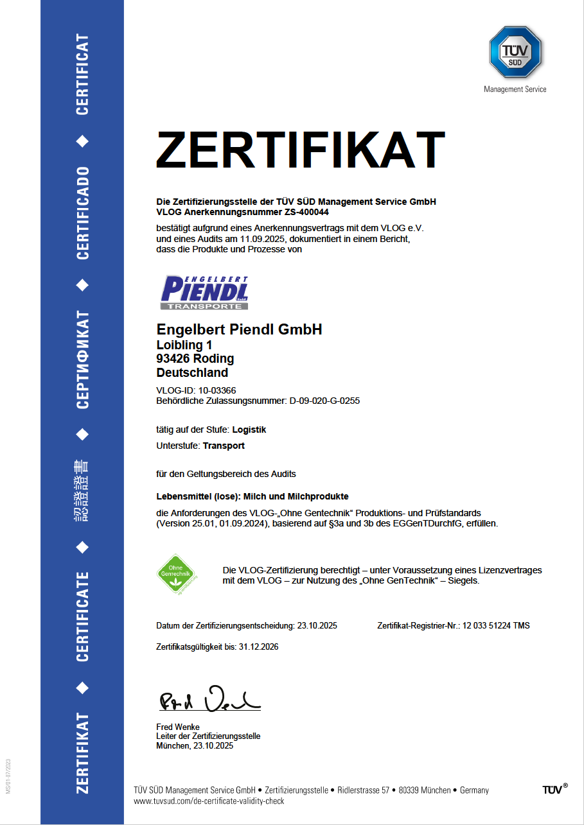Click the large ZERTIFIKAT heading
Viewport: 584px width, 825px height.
pos(300,150)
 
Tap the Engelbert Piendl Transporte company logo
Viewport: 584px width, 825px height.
pos(205,293)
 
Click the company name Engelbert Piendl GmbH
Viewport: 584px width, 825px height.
pos(239,330)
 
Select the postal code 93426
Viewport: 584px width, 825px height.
pos(172,358)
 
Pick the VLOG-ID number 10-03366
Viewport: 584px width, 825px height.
pos(218,390)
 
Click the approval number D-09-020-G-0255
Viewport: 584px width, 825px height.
pos(324,401)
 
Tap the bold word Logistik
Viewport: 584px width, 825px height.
pos(249,430)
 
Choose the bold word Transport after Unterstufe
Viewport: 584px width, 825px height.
pos(224,446)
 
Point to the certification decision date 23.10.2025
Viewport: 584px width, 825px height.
pos(317,625)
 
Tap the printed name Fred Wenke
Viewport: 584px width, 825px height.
pos(178,727)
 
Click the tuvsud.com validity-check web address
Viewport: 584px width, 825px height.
pos(209,801)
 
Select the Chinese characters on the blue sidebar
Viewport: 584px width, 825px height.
pos(82,491)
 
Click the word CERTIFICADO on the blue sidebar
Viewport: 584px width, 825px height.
pos(82,213)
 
